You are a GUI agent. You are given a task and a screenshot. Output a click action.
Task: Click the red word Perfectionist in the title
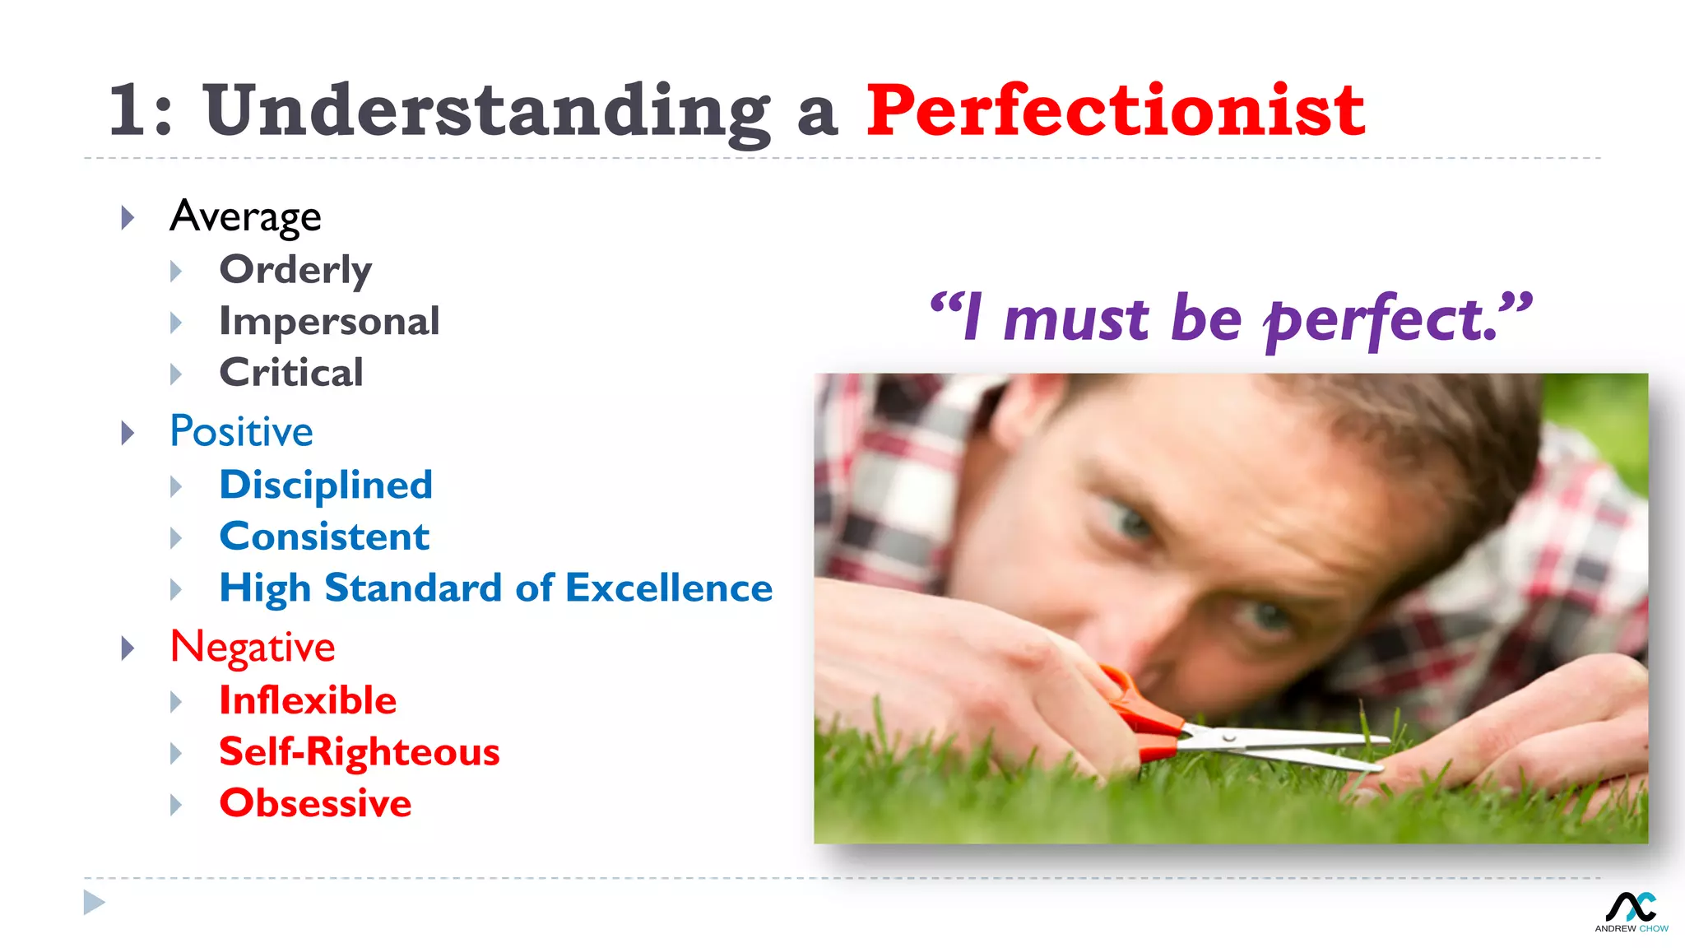1115,111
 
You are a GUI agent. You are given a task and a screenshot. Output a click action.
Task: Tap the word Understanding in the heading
487,111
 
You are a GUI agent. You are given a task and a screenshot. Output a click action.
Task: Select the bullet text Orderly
295,270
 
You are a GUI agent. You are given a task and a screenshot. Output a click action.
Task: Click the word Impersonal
329,322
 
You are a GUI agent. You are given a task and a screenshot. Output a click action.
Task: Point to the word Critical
291,373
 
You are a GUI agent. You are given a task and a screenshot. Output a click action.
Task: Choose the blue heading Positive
241,432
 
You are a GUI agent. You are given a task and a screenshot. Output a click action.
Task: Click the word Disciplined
326,485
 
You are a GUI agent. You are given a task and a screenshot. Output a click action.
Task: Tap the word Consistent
324,537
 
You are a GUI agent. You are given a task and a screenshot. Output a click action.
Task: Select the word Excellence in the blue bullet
669,588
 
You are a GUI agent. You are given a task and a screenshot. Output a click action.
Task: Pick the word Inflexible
308,700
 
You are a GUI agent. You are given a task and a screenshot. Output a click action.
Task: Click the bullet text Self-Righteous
359,752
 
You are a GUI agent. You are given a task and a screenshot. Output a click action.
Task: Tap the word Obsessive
315,804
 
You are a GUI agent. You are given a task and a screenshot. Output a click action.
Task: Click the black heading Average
245,217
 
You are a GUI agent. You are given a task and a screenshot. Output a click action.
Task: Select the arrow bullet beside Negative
128,648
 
